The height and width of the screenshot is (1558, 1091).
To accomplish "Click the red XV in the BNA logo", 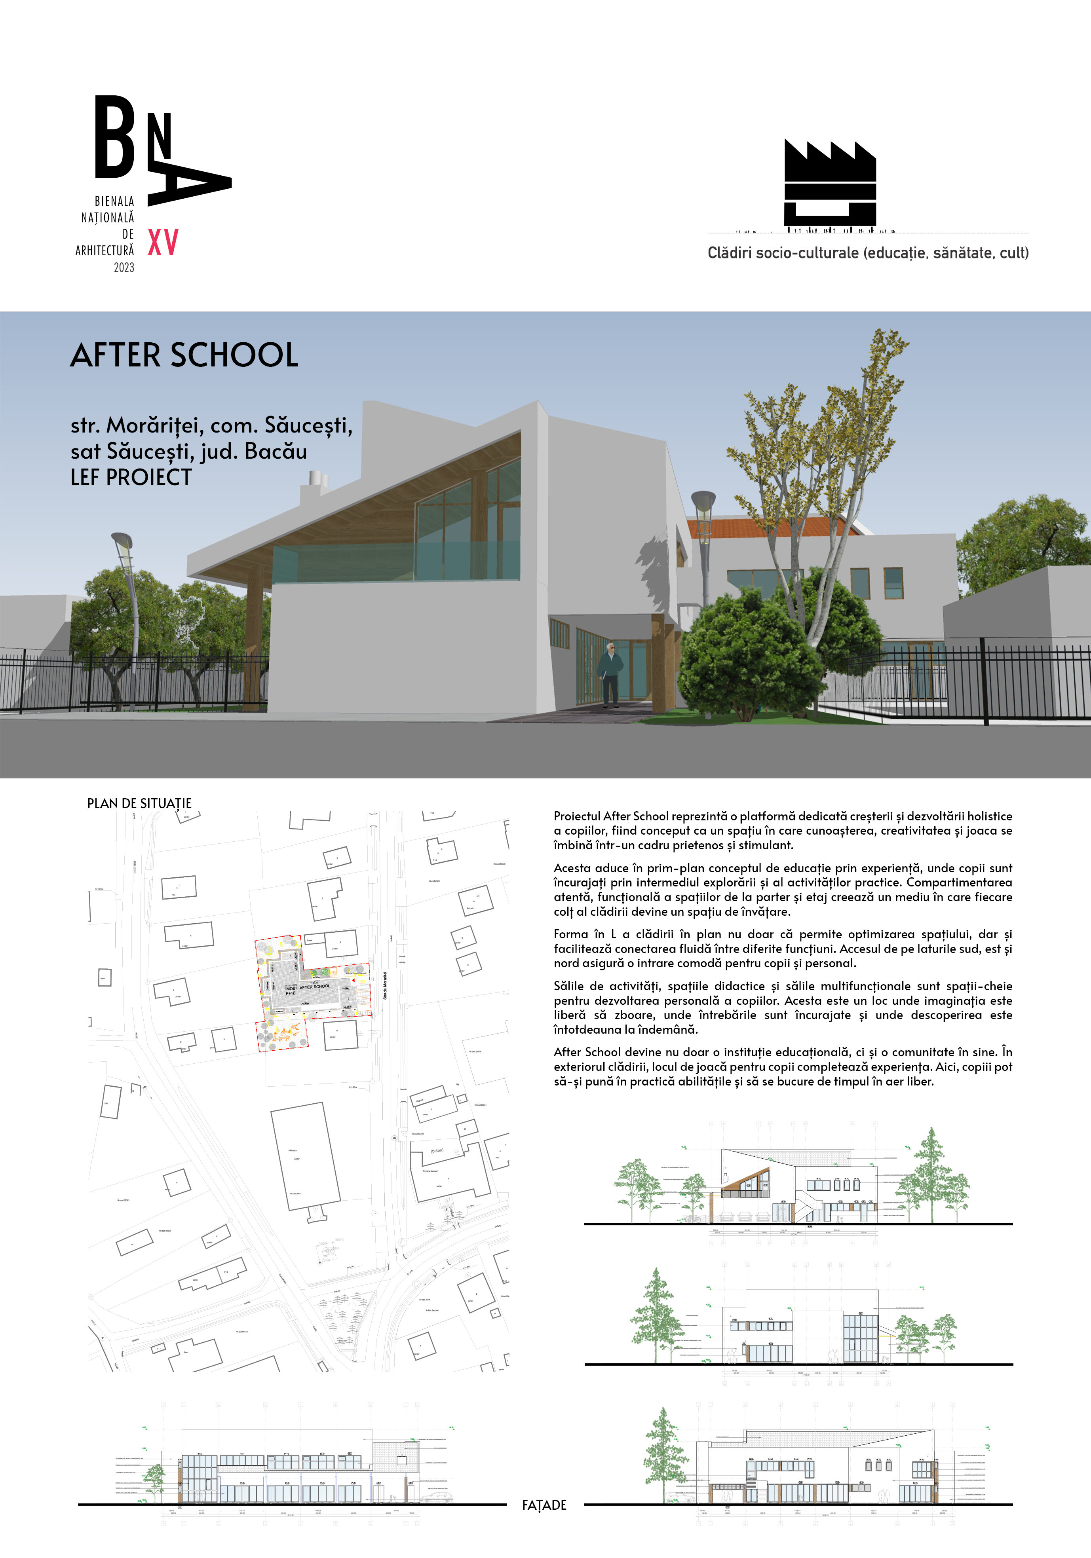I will point(163,242).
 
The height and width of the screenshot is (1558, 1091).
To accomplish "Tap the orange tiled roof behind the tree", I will point(767,526).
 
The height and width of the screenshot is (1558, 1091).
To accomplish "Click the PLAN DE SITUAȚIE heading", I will point(139,803).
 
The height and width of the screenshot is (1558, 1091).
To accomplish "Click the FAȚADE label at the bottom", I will point(544,1505).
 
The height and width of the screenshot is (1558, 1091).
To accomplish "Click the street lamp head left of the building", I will point(122,543).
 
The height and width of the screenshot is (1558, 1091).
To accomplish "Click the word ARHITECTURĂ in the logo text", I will point(105,250).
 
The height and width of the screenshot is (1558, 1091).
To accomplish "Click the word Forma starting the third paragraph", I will point(571,934).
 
